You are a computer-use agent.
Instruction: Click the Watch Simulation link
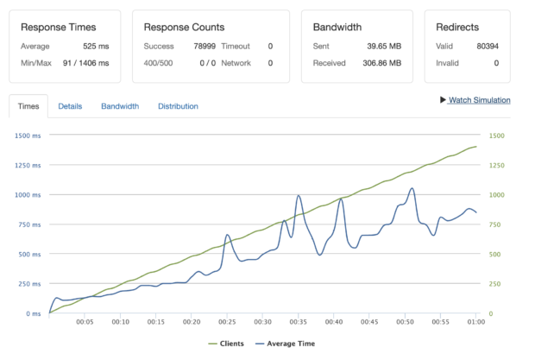point(479,100)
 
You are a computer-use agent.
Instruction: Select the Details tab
point(70,106)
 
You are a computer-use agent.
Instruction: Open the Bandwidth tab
point(120,106)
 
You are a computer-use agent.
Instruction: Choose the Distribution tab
point(178,106)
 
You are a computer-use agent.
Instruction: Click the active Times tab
point(28,106)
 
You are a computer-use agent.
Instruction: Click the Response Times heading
point(59,27)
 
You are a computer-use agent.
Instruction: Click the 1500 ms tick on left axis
point(28,136)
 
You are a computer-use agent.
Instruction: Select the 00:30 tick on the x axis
point(263,322)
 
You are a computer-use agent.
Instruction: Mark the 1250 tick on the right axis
point(496,165)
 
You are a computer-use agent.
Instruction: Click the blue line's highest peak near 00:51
point(412,188)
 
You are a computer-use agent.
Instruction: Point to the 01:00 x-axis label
point(475,322)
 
